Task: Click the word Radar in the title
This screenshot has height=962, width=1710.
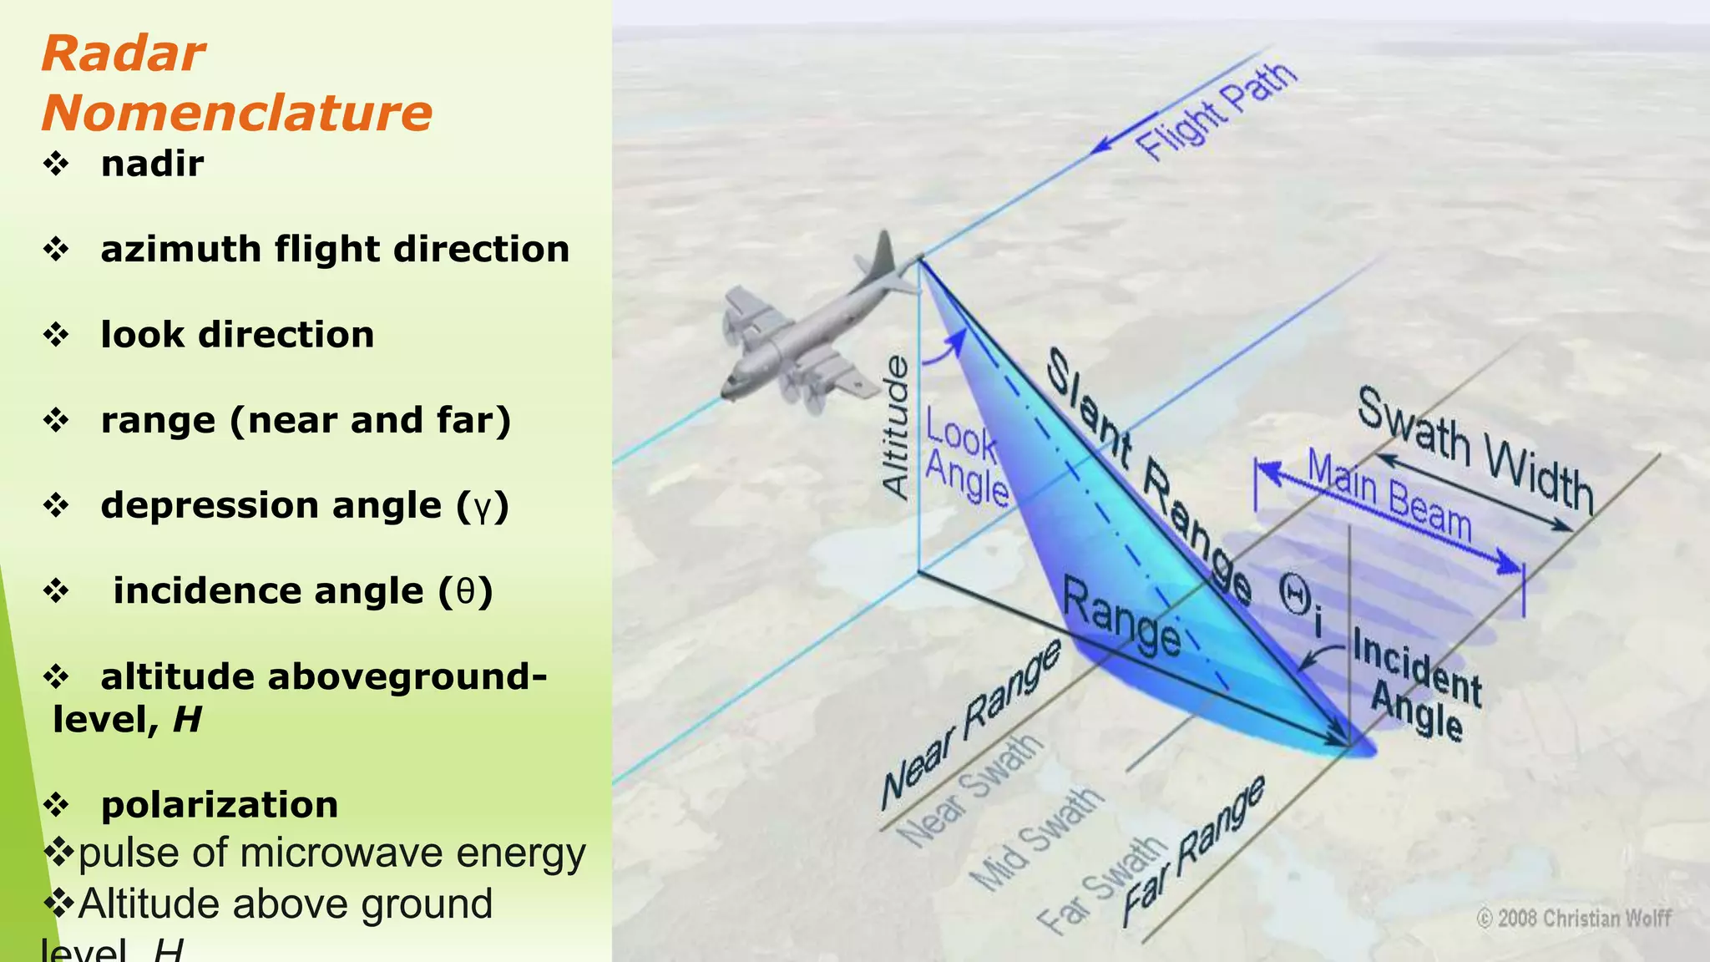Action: click(123, 54)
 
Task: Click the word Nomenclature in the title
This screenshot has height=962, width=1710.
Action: click(237, 113)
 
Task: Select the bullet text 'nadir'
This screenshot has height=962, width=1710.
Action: click(152, 164)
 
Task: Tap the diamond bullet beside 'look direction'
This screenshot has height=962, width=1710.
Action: click(56, 334)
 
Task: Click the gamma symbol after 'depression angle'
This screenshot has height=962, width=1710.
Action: click(482, 507)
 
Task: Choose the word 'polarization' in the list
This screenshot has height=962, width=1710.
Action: click(220, 805)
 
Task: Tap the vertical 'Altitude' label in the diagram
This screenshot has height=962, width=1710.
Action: click(896, 427)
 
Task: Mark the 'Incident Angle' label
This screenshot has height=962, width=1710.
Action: click(1417, 685)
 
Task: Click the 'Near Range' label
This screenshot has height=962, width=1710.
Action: click(970, 724)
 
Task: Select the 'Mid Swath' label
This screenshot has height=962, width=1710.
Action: click(1036, 838)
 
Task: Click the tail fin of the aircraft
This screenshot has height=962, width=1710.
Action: click(882, 254)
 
